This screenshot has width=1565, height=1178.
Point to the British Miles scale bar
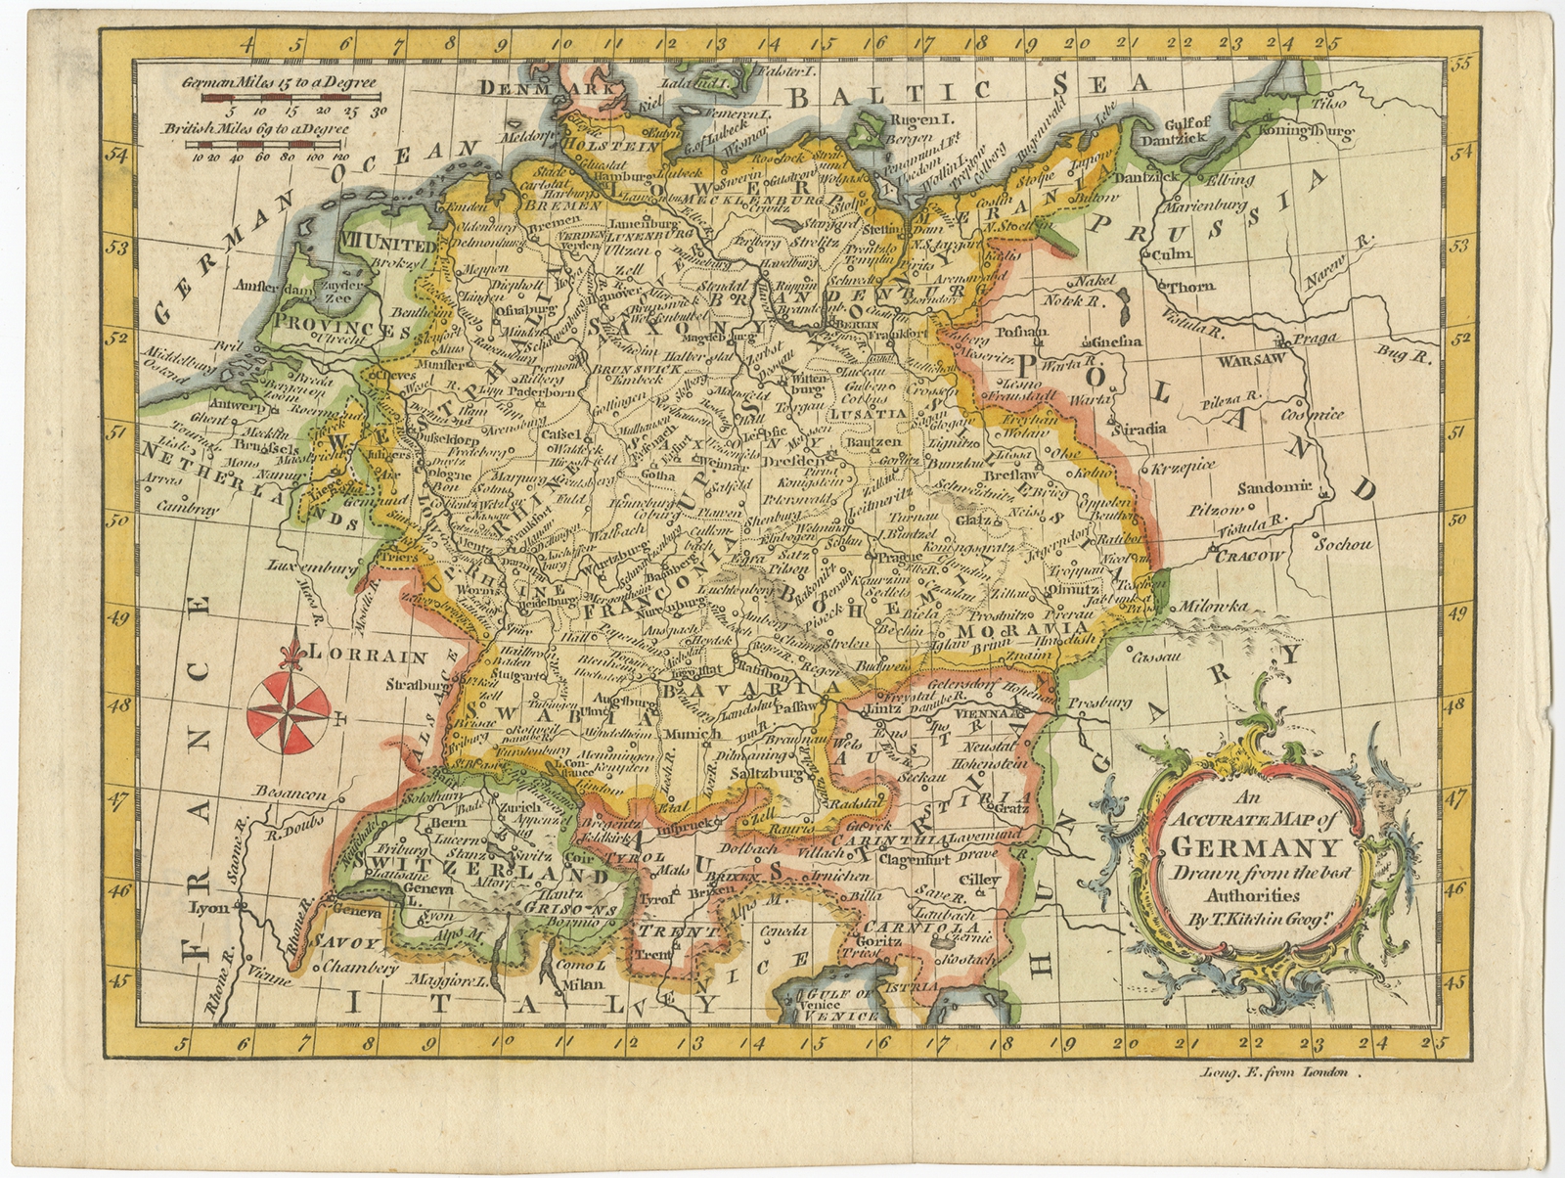point(270,144)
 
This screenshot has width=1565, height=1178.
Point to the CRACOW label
point(1250,556)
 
